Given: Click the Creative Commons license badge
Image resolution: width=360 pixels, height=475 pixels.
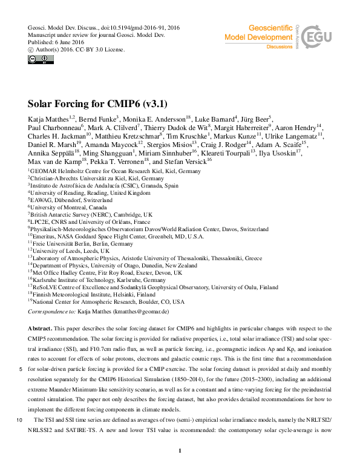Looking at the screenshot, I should point(41,59).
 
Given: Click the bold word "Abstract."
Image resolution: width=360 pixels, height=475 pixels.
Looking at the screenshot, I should point(41,328).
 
